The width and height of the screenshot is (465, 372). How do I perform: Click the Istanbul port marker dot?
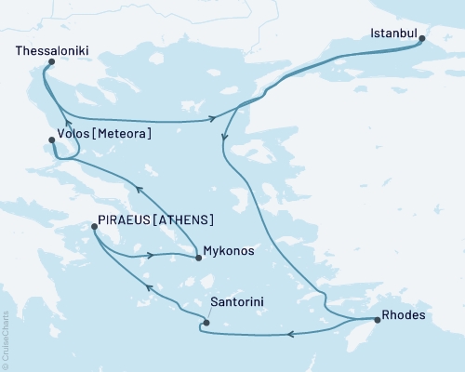[x=420, y=39]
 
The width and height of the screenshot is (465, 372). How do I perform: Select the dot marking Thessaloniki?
[x=50, y=62]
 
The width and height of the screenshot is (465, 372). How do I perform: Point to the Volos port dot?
[x=52, y=140]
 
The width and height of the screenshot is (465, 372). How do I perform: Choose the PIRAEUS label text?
[x=125, y=219]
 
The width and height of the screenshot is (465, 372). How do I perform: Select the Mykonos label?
[x=227, y=251]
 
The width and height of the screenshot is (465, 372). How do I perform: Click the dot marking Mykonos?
[x=198, y=259]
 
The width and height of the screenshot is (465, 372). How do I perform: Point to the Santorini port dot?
[x=206, y=324]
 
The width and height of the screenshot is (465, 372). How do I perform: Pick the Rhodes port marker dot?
[x=377, y=320]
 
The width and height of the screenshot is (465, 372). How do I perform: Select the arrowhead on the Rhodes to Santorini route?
[x=290, y=334]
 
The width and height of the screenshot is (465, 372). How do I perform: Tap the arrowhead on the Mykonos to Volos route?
[x=139, y=189]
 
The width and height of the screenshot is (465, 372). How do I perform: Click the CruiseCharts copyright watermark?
[x=6, y=340]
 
